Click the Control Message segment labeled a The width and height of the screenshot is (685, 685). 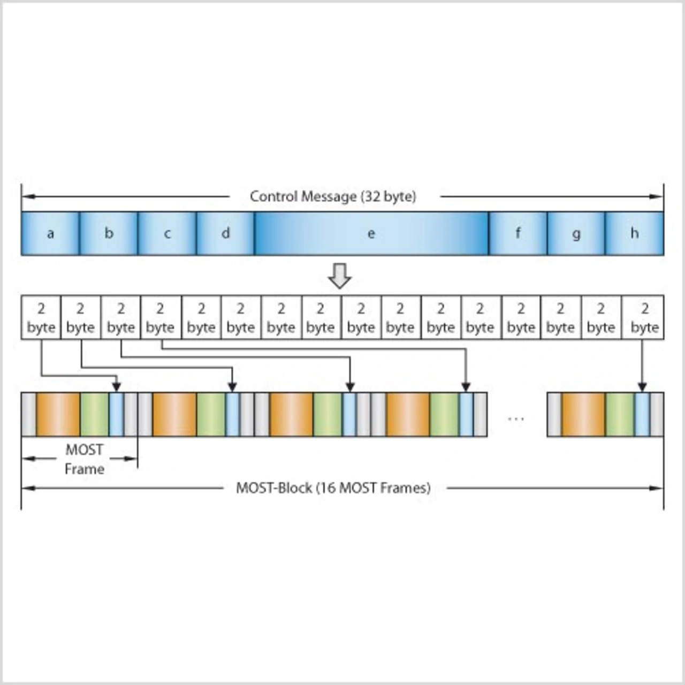pyautogui.click(x=50, y=233)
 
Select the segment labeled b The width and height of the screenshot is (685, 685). pyautogui.click(x=109, y=233)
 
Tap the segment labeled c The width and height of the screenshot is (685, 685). pyautogui.click(x=167, y=233)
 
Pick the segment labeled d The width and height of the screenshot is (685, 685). pyautogui.click(x=225, y=233)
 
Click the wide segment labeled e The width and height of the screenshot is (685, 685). pyautogui.click(x=371, y=233)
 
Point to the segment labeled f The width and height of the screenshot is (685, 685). pyautogui.click(x=517, y=233)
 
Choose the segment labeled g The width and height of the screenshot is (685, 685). pyautogui.click(x=576, y=233)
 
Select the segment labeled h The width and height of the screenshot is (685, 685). pyautogui.click(x=634, y=233)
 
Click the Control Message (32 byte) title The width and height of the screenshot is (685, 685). pyautogui.click(x=333, y=196)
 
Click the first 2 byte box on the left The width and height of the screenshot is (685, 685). pyautogui.click(x=41, y=317)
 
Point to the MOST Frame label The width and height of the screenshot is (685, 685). pyautogui.click(x=84, y=459)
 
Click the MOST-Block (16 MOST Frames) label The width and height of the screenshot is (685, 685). pyautogui.click(x=333, y=488)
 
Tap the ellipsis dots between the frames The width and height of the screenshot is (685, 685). pyautogui.click(x=516, y=418)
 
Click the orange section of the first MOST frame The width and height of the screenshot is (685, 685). pyautogui.click(x=58, y=415)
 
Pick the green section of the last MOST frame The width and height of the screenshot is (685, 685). pyautogui.click(x=620, y=415)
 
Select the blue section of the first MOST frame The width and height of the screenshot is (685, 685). pyautogui.click(x=116, y=415)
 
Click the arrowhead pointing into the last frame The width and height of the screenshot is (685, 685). pyautogui.click(x=642, y=387)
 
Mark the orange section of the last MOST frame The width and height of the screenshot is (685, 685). pyautogui.click(x=583, y=415)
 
